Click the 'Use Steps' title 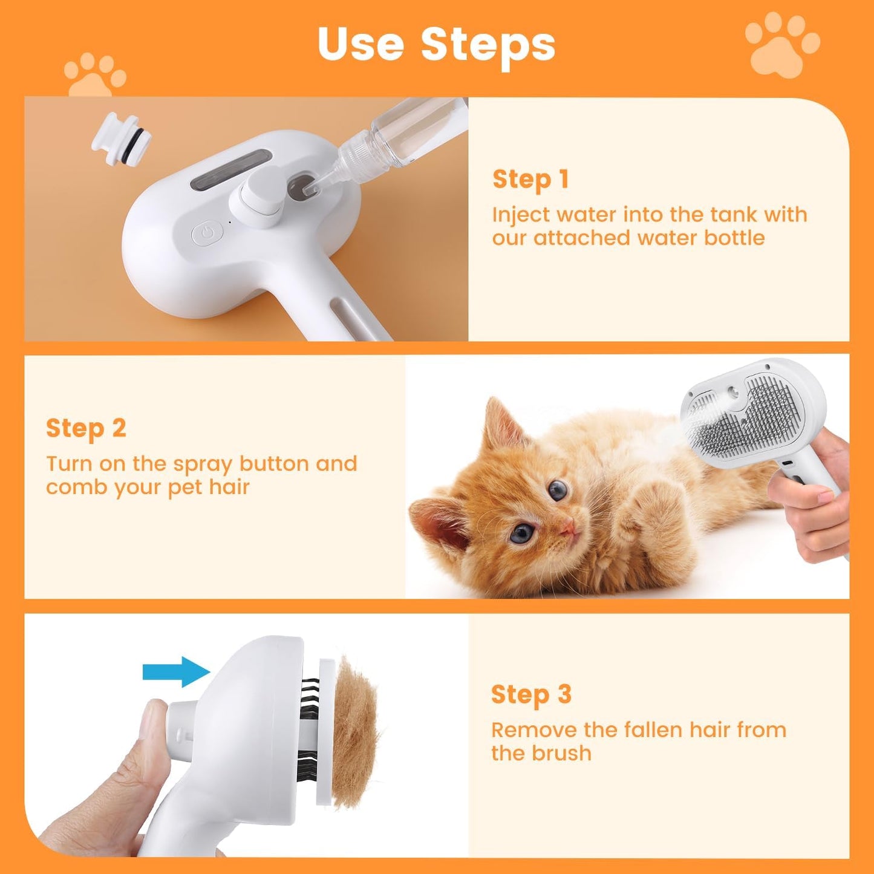436,44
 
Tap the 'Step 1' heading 530,180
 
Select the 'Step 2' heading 86,428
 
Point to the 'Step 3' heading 530,694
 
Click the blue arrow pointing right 176,671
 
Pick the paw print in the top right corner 781,45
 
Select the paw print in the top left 95,76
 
